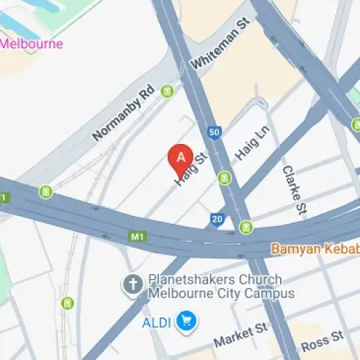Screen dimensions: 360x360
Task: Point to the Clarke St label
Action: click(x=293, y=189)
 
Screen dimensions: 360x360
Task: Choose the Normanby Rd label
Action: click(x=124, y=114)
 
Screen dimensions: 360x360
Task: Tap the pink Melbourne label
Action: click(x=32, y=44)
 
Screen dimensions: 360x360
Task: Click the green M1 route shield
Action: click(x=137, y=235)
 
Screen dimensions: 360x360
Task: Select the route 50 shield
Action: click(x=214, y=132)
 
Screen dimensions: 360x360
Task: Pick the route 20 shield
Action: click(x=217, y=219)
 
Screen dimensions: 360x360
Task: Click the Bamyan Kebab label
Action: click(x=315, y=248)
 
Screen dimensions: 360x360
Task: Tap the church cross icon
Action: click(x=132, y=286)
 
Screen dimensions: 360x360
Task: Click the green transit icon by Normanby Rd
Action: click(x=168, y=91)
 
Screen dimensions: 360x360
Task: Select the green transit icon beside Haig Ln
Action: click(x=225, y=177)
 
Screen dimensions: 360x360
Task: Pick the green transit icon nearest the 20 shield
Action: click(x=246, y=228)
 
